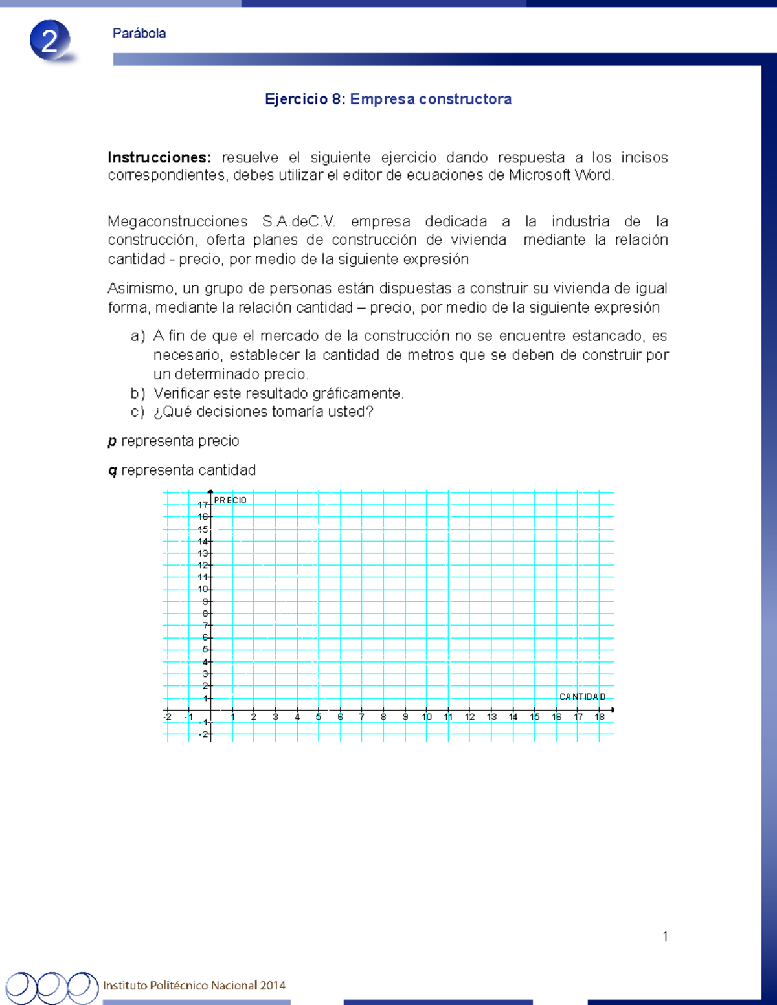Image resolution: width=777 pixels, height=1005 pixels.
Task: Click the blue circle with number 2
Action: coord(50,41)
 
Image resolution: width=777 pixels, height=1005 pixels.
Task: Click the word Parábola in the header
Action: coord(139,33)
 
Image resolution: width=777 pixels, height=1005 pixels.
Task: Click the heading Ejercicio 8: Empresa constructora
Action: coord(388,99)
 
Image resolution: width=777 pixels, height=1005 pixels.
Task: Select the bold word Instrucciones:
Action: coord(159,157)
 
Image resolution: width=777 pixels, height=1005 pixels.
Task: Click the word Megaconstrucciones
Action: coord(177,221)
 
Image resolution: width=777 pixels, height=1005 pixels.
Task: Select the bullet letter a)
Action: coord(137,336)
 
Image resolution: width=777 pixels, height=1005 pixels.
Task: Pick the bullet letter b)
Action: coord(137,393)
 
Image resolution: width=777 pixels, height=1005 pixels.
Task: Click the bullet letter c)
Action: coord(137,412)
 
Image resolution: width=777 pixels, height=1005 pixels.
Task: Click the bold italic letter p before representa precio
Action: coord(112,441)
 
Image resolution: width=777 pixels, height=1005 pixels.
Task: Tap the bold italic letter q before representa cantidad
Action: coord(112,470)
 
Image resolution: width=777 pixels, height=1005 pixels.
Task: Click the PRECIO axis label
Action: coord(230,500)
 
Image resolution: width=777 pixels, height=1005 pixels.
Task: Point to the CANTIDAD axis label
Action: coord(582,697)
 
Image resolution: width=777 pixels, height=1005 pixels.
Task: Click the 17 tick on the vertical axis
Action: coord(203,505)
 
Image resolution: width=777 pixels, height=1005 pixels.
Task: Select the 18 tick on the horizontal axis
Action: coord(600,717)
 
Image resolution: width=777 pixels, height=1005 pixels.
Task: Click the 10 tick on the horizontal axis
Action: coord(427,717)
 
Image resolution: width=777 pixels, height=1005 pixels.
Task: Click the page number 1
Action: coord(665,936)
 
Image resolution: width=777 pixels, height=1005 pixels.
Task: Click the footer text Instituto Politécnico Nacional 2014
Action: coord(194,986)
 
